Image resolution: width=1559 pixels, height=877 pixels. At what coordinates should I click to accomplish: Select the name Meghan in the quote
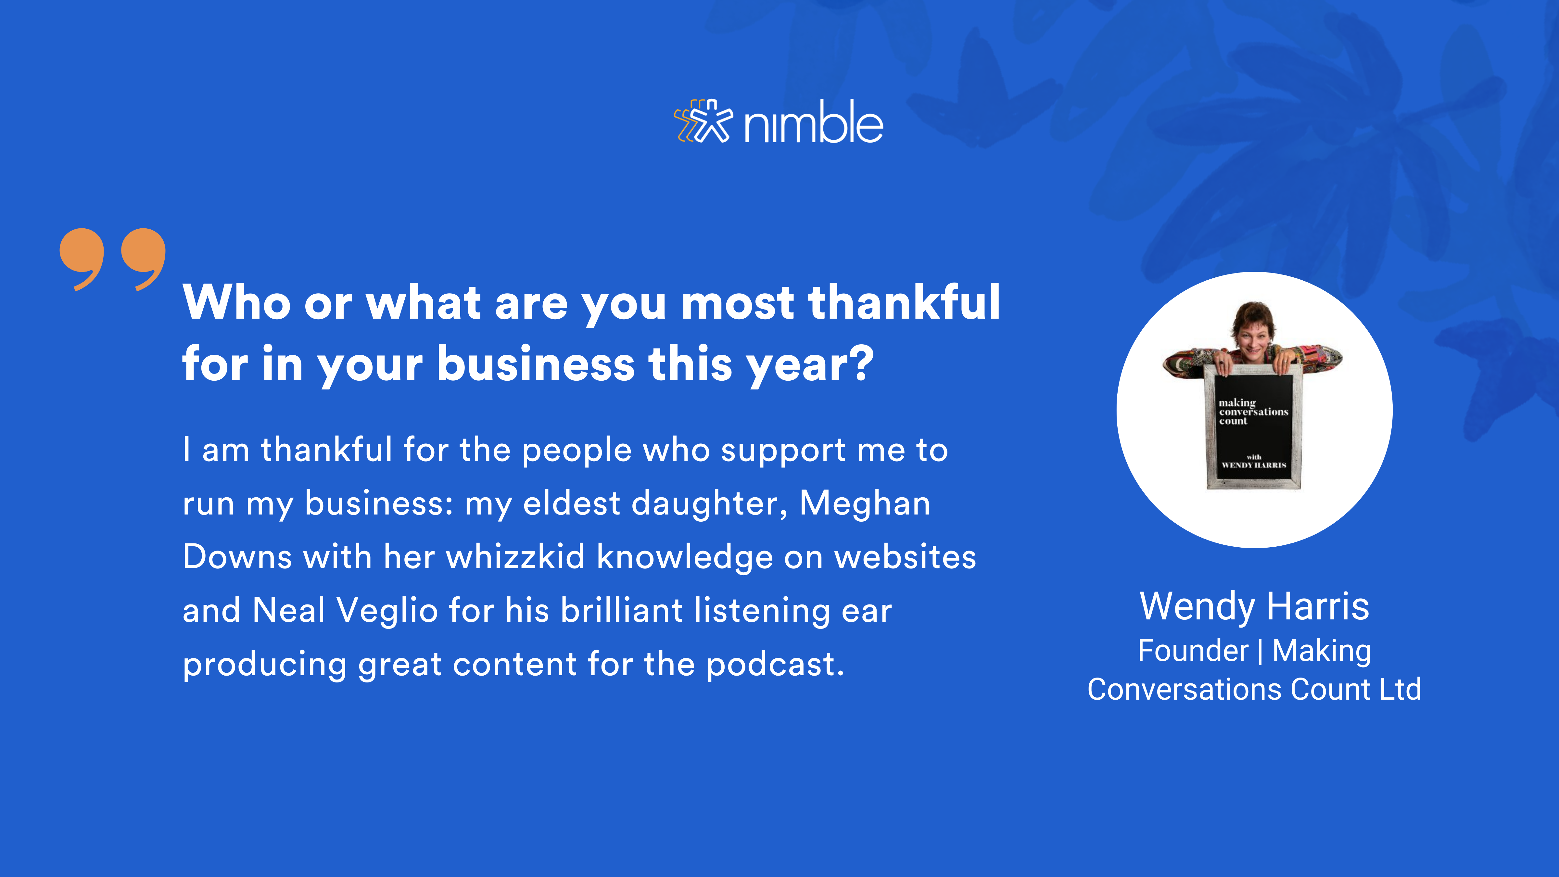click(x=865, y=503)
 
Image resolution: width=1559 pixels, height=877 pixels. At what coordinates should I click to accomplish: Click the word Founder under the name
click(x=1193, y=651)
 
